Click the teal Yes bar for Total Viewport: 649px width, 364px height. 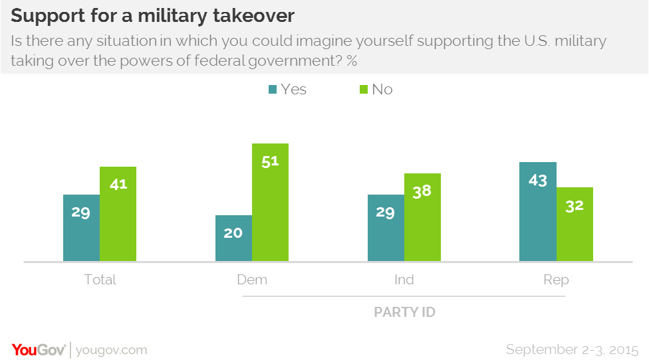pyautogui.click(x=81, y=227)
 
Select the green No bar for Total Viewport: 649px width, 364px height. pyautogui.click(x=118, y=214)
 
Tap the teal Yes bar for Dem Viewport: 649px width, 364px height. pyautogui.click(x=233, y=238)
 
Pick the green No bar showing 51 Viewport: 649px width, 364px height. pyautogui.click(x=270, y=202)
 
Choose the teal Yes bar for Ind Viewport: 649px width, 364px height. pyautogui.click(x=386, y=227)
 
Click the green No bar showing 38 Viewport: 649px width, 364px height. pyautogui.click(x=422, y=217)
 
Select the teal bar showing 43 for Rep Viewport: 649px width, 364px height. pyautogui.click(x=537, y=211)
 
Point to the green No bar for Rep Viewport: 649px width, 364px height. pyautogui.click(x=575, y=224)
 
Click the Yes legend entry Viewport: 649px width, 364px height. pyautogui.click(x=287, y=89)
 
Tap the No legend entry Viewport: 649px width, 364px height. pyautogui.click(x=375, y=89)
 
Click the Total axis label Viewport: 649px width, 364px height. pyautogui.click(x=100, y=280)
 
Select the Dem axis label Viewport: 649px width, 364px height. pyautogui.click(x=252, y=280)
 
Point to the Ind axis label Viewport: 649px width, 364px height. pyautogui.click(x=404, y=280)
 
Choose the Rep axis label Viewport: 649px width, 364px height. pyautogui.click(x=556, y=280)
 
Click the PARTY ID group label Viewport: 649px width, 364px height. pyautogui.click(x=404, y=312)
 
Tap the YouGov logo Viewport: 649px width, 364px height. pyautogui.click(x=39, y=349)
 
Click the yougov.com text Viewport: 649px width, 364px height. pyautogui.click(x=112, y=350)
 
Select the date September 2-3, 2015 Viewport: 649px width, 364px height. pyautogui.click(x=572, y=349)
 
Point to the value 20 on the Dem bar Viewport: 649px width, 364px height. pyautogui.click(x=233, y=233)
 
